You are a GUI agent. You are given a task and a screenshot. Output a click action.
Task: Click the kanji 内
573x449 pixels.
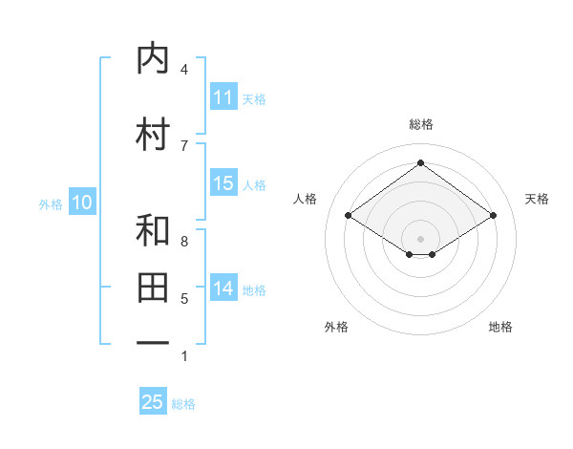pyautogui.click(x=154, y=59)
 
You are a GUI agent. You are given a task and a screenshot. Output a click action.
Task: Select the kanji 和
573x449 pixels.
pyautogui.click(x=154, y=231)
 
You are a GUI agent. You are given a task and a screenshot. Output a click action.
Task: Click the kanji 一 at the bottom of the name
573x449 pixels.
pyautogui.click(x=154, y=341)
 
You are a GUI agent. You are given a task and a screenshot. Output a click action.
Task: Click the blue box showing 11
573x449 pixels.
pyautogui.click(x=223, y=97)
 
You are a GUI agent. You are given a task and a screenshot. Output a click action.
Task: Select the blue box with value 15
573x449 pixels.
pyautogui.click(x=223, y=184)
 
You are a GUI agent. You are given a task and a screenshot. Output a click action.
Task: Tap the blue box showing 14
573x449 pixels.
pyautogui.click(x=223, y=289)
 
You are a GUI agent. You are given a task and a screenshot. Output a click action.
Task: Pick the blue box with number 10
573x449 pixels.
pyautogui.click(x=81, y=203)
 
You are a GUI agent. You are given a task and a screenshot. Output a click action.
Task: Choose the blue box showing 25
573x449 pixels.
pyautogui.click(x=153, y=402)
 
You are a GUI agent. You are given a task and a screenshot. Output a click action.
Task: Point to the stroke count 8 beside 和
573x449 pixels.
pyautogui.click(x=184, y=242)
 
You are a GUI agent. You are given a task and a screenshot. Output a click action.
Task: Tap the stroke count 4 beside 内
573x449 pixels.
pyautogui.click(x=184, y=70)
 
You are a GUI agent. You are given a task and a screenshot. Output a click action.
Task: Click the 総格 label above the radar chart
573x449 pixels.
pyautogui.click(x=420, y=124)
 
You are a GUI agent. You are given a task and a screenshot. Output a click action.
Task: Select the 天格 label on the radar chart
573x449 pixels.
pyautogui.click(x=537, y=199)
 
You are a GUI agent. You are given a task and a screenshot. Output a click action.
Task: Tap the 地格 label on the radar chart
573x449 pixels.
pyautogui.click(x=500, y=327)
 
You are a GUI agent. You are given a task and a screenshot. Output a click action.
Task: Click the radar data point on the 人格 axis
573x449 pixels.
pyautogui.click(x=348, y=216)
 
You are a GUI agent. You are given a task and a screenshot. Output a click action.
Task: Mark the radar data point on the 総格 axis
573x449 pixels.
pyautogui.click(x=420, y=163)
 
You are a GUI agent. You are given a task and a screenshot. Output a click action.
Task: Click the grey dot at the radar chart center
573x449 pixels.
pyautogui.click(x=420, y=238)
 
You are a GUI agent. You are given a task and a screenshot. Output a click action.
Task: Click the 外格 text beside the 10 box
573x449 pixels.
pyautogui.click(x=51, y=203)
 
